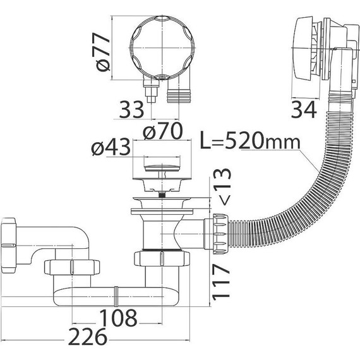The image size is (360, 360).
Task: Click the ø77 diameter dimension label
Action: (103, 52)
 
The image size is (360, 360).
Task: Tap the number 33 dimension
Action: (131, 109)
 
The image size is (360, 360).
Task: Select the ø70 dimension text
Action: (162, 131)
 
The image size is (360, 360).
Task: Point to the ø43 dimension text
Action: (111, 147)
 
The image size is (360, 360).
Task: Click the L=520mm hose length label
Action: (250, 140)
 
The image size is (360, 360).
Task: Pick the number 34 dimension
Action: (304, 109)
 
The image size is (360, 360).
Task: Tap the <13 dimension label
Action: (222, 186)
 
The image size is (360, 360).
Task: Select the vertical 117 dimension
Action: (221, 282)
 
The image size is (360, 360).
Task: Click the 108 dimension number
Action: (119, 318)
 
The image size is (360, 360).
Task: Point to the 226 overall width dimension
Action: (88, 337)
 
